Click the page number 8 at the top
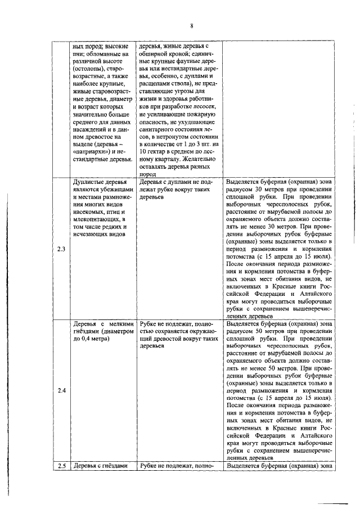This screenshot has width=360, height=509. click(192, 26)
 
